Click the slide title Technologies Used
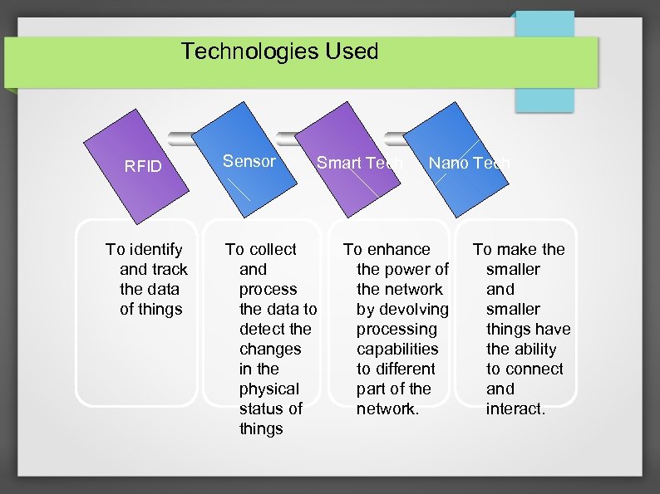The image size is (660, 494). pyautogui.click(x=279, y=51)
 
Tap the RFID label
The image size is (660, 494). pyautogui.click(x=143, y=166)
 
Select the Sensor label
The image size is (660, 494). pyautogui.click(x=249, y=161)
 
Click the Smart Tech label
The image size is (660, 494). pyautogui.click(x=359, y=163)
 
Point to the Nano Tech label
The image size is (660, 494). pyautogui.click(x=468, y=163)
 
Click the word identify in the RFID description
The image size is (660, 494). pyautogui.click(x=155, y=249)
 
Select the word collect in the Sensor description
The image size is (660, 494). pyautogui.click(x=272, y=249)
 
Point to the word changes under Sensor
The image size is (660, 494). pyautogui.click(x=270, y=349)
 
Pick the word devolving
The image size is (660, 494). pyautogui.click(x=414, y=309)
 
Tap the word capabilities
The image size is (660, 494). pyautogui.click(x=396, y=349)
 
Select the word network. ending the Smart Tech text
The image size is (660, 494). pyautogui.click(x=388, y=408)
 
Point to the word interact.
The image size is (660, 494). pyautogui.click(x=516, y=408)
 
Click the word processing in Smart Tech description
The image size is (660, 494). pyautogui.click(x=396, y=329)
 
